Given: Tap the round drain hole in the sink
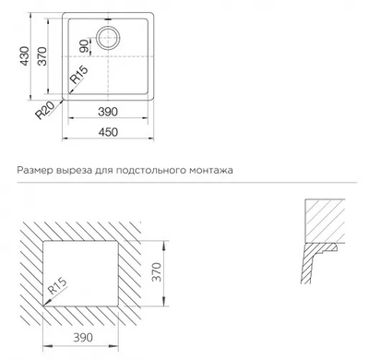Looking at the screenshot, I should [x=108, y=39].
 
